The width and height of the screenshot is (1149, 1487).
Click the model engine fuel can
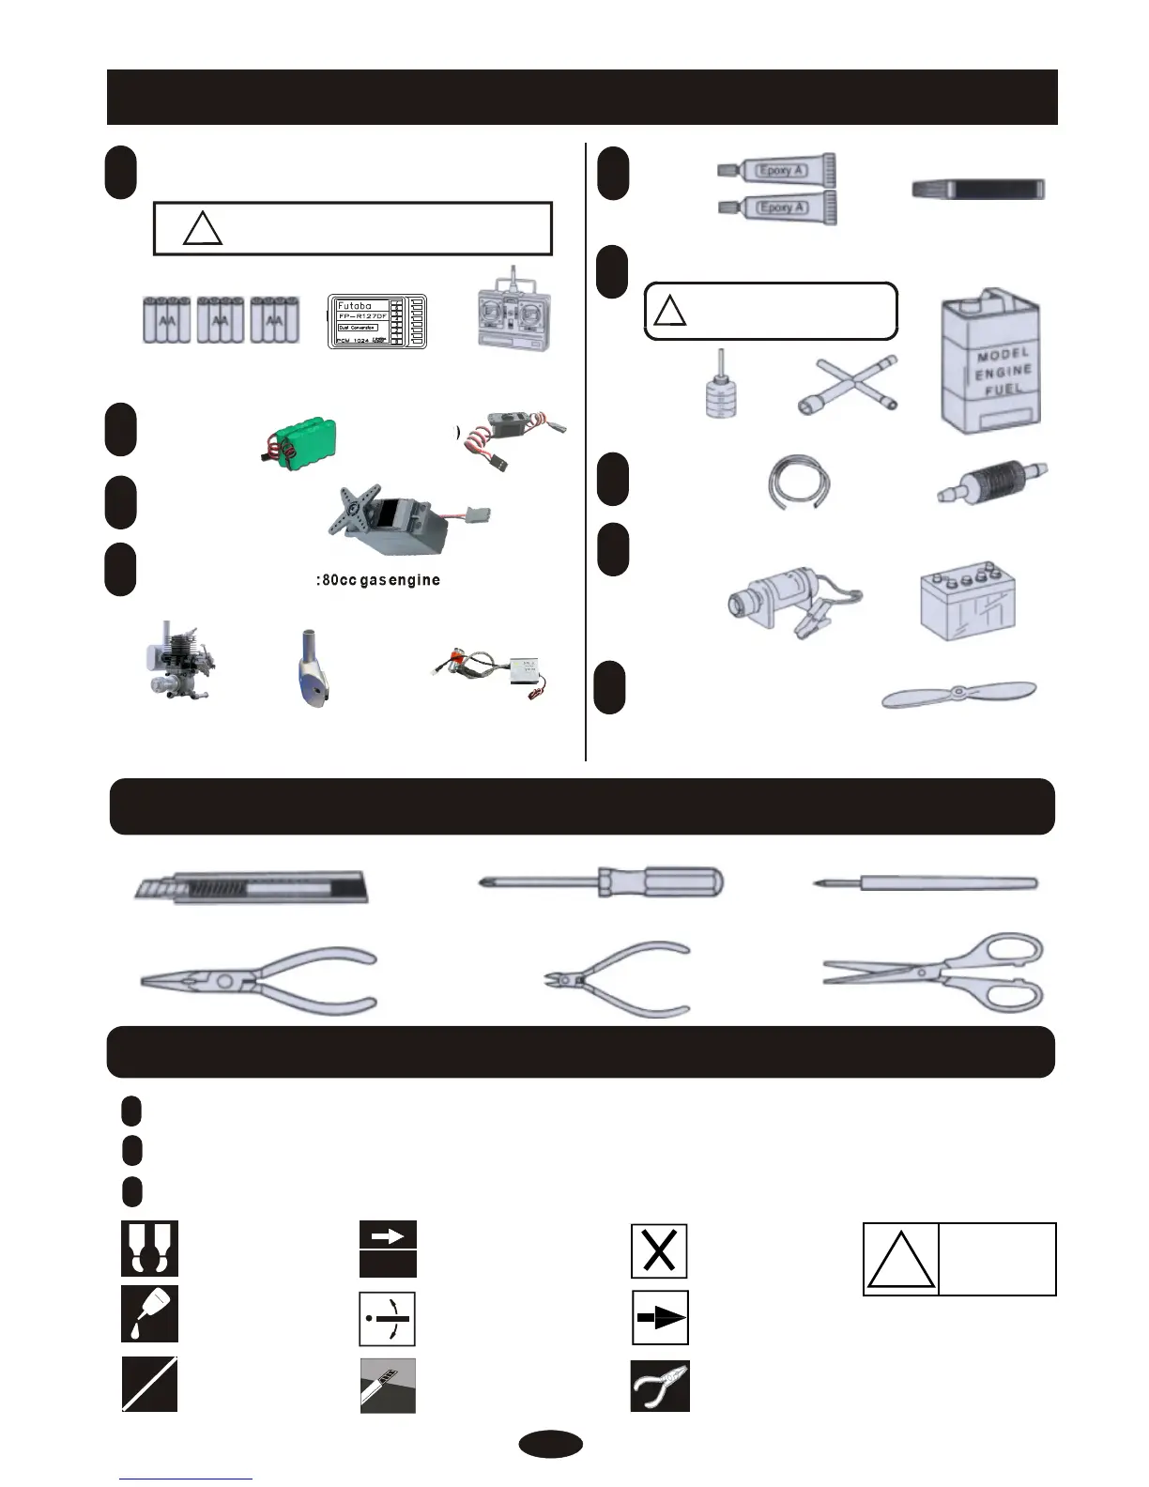991,363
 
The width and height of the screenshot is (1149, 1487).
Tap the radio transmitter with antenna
513,315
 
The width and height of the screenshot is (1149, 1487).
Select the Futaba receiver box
376,321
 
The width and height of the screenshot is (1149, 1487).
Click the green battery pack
299,438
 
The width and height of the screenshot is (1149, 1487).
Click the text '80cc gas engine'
378,580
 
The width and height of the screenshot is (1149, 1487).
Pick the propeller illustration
958,696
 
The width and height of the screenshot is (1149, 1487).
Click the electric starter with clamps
794,602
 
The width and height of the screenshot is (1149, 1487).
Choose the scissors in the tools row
935,973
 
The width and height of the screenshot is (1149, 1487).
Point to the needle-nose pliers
259,979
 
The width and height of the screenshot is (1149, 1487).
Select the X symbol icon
659,1250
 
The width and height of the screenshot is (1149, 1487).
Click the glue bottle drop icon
149,1313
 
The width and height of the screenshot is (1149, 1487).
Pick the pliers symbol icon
659,1386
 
